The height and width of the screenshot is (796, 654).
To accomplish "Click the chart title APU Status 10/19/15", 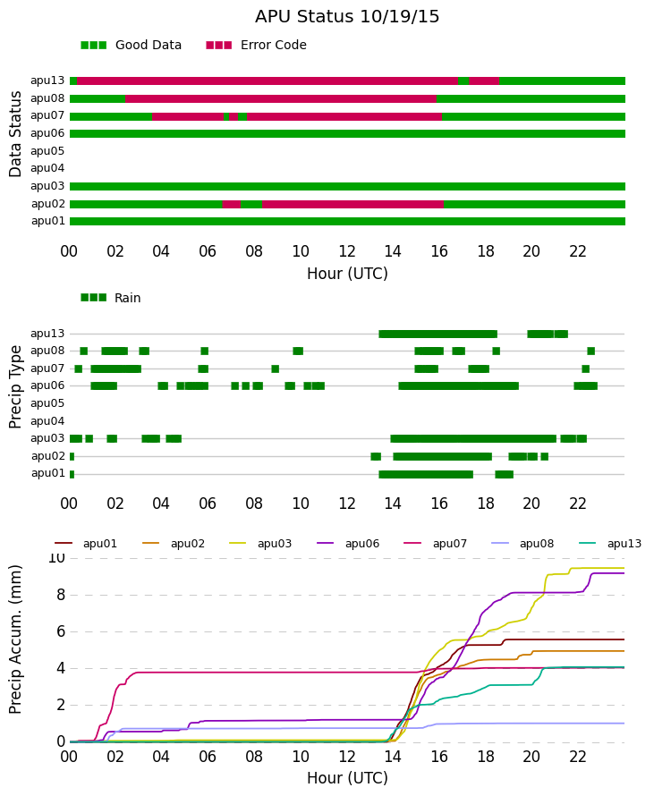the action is [347, 16].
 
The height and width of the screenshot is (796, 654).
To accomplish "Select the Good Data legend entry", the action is [131, 45].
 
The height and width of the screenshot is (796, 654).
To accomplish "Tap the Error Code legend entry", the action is [257, 45].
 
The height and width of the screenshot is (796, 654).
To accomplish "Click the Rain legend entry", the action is [111, 298].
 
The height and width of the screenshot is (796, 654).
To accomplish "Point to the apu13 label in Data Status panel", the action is [47, 80].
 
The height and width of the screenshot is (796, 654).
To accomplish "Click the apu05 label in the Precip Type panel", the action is [47, 403].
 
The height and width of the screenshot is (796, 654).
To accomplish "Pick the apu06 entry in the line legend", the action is [348, 544].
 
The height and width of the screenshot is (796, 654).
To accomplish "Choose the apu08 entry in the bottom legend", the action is [522, 544].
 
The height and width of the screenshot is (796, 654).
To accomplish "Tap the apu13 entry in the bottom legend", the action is [610, 544].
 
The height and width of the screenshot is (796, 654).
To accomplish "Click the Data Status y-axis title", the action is [15, 134].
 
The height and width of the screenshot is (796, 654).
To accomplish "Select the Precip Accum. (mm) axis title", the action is [15, 639].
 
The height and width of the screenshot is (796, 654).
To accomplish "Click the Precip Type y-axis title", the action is [15, 387].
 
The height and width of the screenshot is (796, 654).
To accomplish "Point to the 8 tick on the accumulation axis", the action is [61, 595].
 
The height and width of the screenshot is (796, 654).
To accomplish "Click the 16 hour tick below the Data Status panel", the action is [439, 251].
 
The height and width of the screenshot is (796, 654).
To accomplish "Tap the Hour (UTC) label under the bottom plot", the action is [347, 778].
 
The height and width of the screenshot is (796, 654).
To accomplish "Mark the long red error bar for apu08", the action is [281, 98].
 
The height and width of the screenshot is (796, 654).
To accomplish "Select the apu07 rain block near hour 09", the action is [276, 368].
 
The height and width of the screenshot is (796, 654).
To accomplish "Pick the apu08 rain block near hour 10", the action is [298, 351].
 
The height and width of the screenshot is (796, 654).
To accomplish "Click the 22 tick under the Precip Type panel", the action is [578, 504].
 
